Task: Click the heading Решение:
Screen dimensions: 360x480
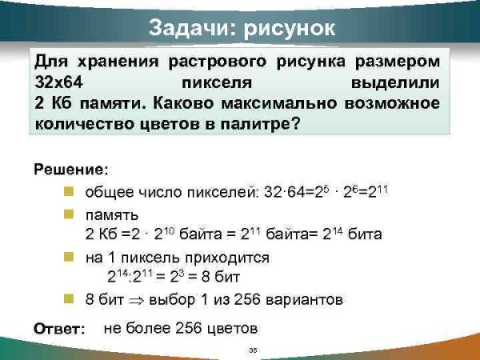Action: tap(70, 170)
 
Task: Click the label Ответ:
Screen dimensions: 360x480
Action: tap(59, 329)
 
